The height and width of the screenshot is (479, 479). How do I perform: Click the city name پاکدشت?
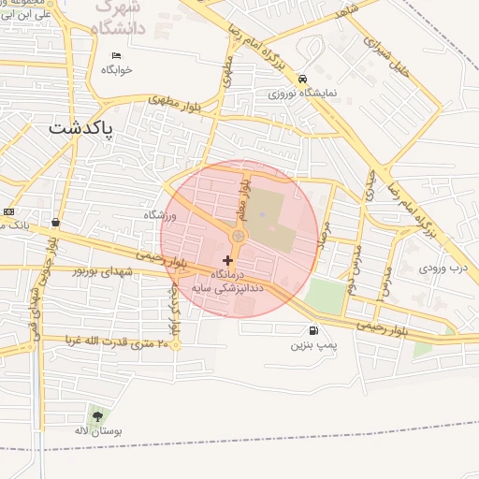click(x=81, y=127)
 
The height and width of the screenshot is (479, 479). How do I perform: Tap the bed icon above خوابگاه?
click(x=116, y=55)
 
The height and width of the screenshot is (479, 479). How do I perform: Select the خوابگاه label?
click(x=116, y=70)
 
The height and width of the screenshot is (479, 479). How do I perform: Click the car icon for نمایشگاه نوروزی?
click(x=302, y=79)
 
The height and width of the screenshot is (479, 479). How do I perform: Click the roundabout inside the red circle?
click(x=238, y=238)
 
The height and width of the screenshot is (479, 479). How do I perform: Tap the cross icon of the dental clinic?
click(x=228, y=259)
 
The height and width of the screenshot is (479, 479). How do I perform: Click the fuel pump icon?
click(x=312, y=329)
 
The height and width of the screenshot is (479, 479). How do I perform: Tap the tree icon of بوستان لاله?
click(x=97, y=415)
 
